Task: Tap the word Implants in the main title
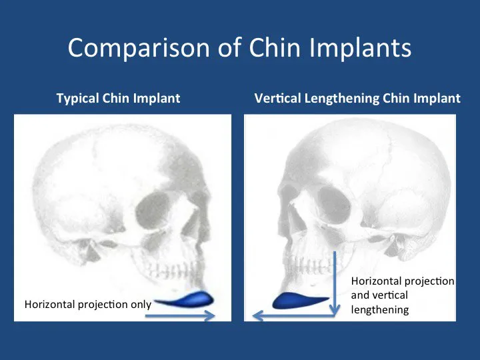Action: (x=360, y=47)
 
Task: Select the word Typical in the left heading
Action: (x=78, y=99)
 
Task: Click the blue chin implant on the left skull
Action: (x=185, y=299)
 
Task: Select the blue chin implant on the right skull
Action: (x=301, y=301)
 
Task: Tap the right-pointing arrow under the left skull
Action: (x=180, y=315)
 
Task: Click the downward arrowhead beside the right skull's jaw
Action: (x=335, y=309)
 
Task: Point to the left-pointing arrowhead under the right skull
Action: (x=258, y=315)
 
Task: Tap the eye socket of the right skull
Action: (x=334, y=203)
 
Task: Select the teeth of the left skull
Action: (x=172, y=270)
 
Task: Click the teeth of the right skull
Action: (x=309, y=264)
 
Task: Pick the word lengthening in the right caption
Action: (x=380, y=310)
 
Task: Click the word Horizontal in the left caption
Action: (x=49, y=304)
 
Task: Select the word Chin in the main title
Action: (x=275, y=47)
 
